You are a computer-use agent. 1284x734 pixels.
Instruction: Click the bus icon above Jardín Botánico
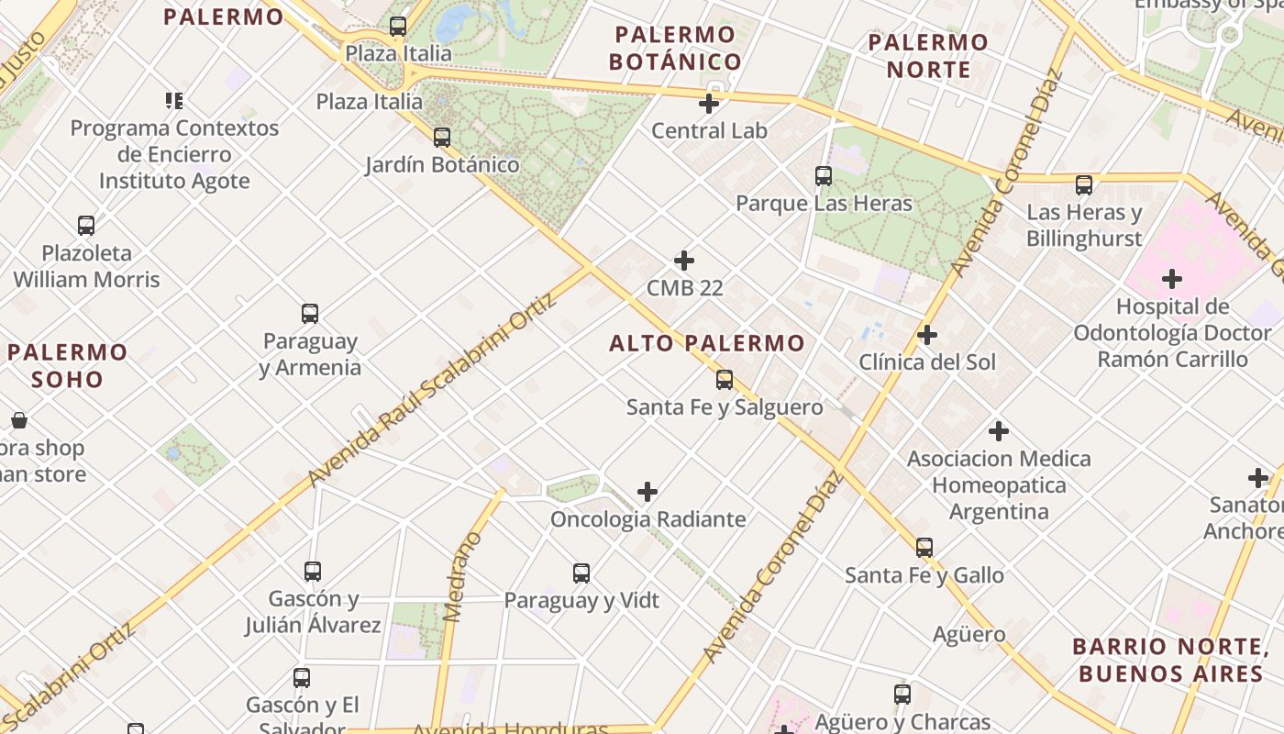click(x=442, y=138)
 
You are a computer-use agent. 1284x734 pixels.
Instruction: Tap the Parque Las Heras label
click(x=825, y=203)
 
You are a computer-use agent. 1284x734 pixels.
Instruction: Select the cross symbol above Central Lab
click(x=709, y=104)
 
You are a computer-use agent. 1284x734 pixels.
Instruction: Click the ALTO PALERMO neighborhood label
click(x=707, y=343)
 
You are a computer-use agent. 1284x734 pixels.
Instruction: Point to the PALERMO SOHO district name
click(x=68, y=365)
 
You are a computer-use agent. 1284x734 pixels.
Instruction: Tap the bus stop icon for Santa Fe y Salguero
click(x=725, y=379)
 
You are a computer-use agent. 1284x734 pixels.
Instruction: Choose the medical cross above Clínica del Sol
click(x=927, y=335)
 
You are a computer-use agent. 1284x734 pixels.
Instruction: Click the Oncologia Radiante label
click(x=648, y=519)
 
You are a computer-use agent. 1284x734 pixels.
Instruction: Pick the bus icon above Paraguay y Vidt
click(x=581, y=573)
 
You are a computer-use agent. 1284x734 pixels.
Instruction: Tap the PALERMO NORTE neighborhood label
click(x=928, y=55)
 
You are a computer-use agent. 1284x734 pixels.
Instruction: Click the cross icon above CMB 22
click(x=684, y=261)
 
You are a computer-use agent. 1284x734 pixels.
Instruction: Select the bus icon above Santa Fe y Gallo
click(x=924, y=548)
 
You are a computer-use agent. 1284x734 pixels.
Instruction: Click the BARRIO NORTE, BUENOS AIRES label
click(x=1170, y=660)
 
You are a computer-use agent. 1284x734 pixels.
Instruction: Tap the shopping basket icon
click(x=19, y=421)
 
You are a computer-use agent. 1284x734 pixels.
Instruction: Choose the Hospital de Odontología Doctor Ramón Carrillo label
click(x=1172, y=332)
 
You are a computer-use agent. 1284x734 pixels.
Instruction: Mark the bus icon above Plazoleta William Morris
click(x=86, y=226)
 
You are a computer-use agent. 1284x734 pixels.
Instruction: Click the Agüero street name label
click(x=969, y=634)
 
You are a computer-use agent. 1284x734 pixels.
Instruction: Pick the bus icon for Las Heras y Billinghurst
click(x=1084, y=185)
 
